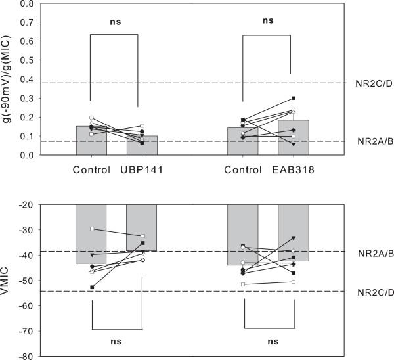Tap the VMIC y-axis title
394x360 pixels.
pyautogui.click(x=8, y=281)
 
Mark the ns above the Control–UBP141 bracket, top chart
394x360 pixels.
pyautogui.click(x=115, y=21)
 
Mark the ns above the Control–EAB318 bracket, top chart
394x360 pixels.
pyautogui.click(x=267, y=20)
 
